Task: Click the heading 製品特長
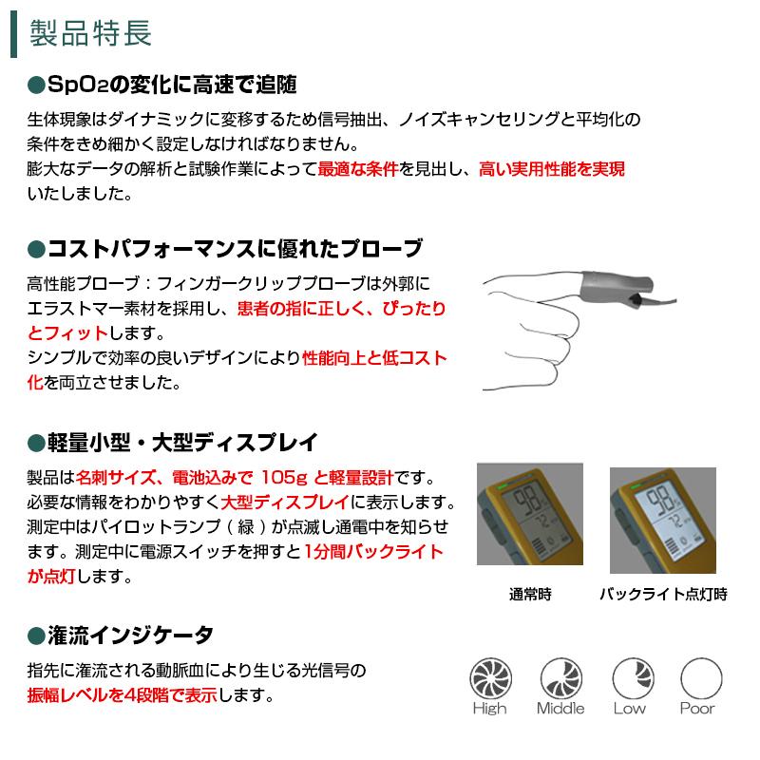point(90,34)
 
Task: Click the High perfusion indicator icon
point(489,679)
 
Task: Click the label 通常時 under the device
point(529,596)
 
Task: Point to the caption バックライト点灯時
point(663,596)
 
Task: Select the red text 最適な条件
point(357,170)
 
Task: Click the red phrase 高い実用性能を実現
point(552,170)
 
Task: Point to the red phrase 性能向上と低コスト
point(374,359)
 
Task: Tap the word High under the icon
point(489,709)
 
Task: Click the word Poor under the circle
point(697,709)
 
